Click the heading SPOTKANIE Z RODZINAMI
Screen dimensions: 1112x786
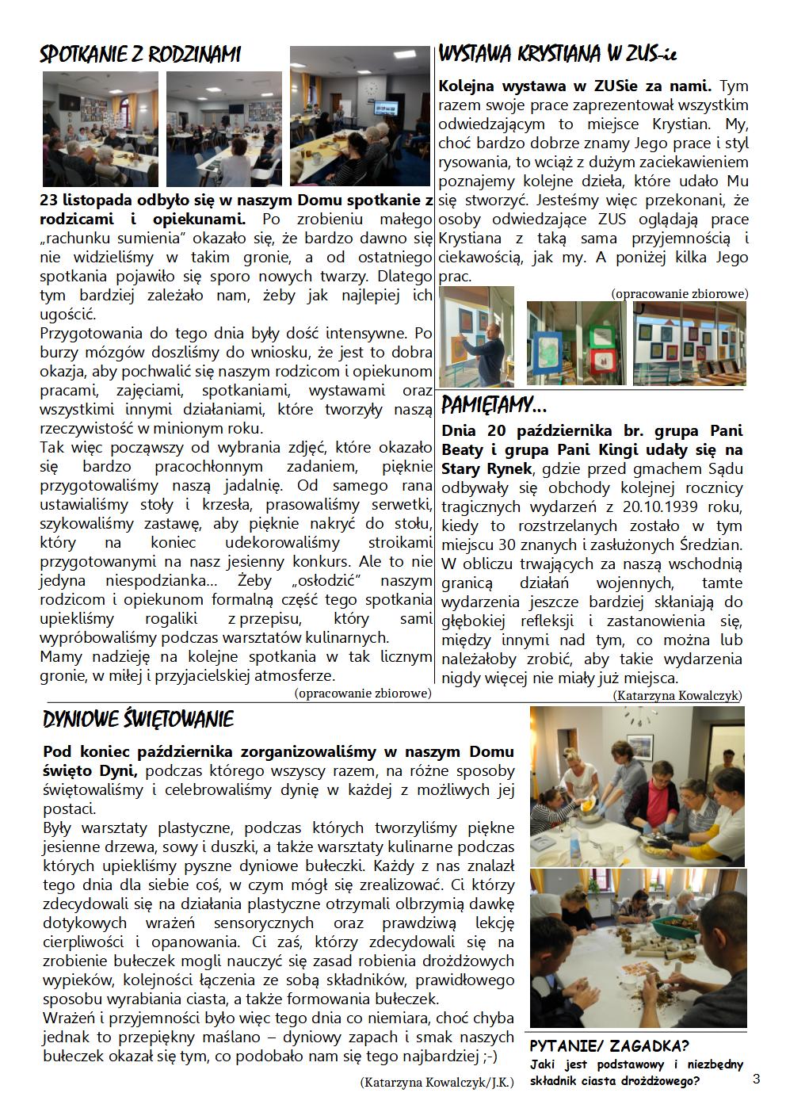point(140,55)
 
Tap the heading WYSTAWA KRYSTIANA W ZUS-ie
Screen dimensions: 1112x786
point(557,55)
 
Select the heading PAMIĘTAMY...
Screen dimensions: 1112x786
point(494,407)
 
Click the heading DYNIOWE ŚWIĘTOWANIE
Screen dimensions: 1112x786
point(139,720)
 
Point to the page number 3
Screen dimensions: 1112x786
point(756,1079)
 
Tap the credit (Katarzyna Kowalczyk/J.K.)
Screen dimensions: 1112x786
point(436,1082)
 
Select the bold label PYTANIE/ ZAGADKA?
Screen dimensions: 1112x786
point(609,1045)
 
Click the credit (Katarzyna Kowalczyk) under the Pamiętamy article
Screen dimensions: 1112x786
point(677,696)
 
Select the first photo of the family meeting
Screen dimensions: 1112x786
point(101,128)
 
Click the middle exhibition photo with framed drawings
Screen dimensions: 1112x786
point(576,342)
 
